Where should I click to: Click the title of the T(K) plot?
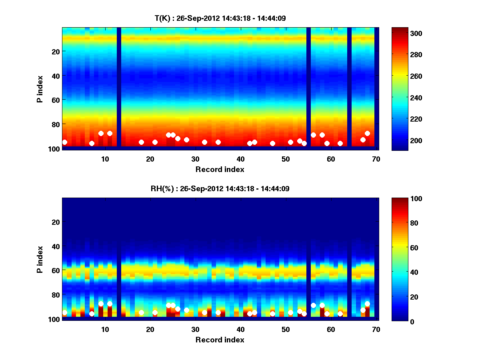220,18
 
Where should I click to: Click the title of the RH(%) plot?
220,189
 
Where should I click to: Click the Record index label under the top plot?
220,169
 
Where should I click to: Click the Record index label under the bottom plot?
220,340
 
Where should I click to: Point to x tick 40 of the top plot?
240,158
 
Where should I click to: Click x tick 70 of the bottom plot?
376,329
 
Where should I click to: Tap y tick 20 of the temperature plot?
55,52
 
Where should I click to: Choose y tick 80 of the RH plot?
55,295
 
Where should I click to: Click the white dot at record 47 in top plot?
272,143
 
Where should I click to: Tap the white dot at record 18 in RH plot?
141,313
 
